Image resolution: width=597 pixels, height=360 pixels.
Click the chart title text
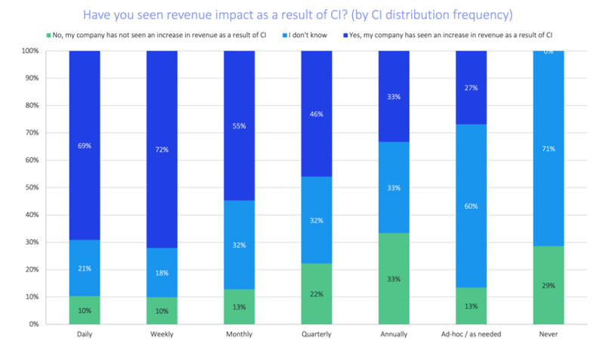click(x=298, y=14)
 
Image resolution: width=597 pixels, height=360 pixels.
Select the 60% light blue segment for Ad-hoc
click(x=472, y=206)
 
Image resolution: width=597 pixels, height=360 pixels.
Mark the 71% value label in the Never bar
click(x=549, y=149)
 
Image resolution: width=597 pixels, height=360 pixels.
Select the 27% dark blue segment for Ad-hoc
click(x=472, y=88)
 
